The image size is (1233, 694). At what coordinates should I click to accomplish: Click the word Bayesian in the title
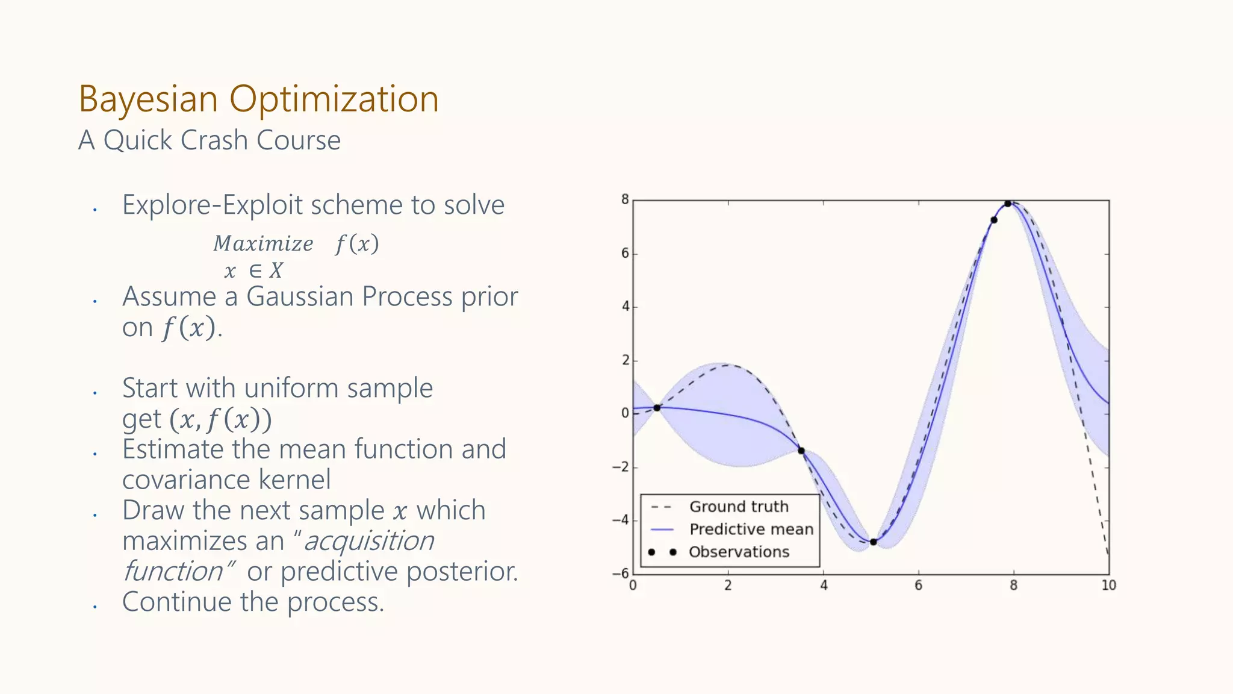tap(148, 99)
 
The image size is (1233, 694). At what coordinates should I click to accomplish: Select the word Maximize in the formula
tap(263, 244)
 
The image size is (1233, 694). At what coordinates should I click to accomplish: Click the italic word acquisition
tap(368, 541)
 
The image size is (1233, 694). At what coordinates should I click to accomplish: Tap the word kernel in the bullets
tap(294, 480)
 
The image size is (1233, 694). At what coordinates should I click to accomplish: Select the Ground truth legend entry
tap(738, 507)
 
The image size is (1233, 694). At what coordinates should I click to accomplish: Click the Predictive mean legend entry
tap(751, 530)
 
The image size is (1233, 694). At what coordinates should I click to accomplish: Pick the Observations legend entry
tap(738, 552)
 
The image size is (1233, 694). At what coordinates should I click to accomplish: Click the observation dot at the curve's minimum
tap(873, 542)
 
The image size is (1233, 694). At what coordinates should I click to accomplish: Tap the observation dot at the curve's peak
tap(1008, 204)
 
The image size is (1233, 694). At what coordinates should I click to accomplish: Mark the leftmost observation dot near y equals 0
tap(657, 408)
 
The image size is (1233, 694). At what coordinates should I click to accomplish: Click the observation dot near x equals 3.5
tap(801, 451)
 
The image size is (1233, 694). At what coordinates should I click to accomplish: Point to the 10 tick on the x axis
tap(1108, 585)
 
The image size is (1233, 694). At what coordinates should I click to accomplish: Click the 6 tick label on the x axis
tap(918, 585)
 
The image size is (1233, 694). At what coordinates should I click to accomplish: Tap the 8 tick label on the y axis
tap(625, 199)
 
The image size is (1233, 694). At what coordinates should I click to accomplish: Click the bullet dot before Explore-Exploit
tap(95, 210)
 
